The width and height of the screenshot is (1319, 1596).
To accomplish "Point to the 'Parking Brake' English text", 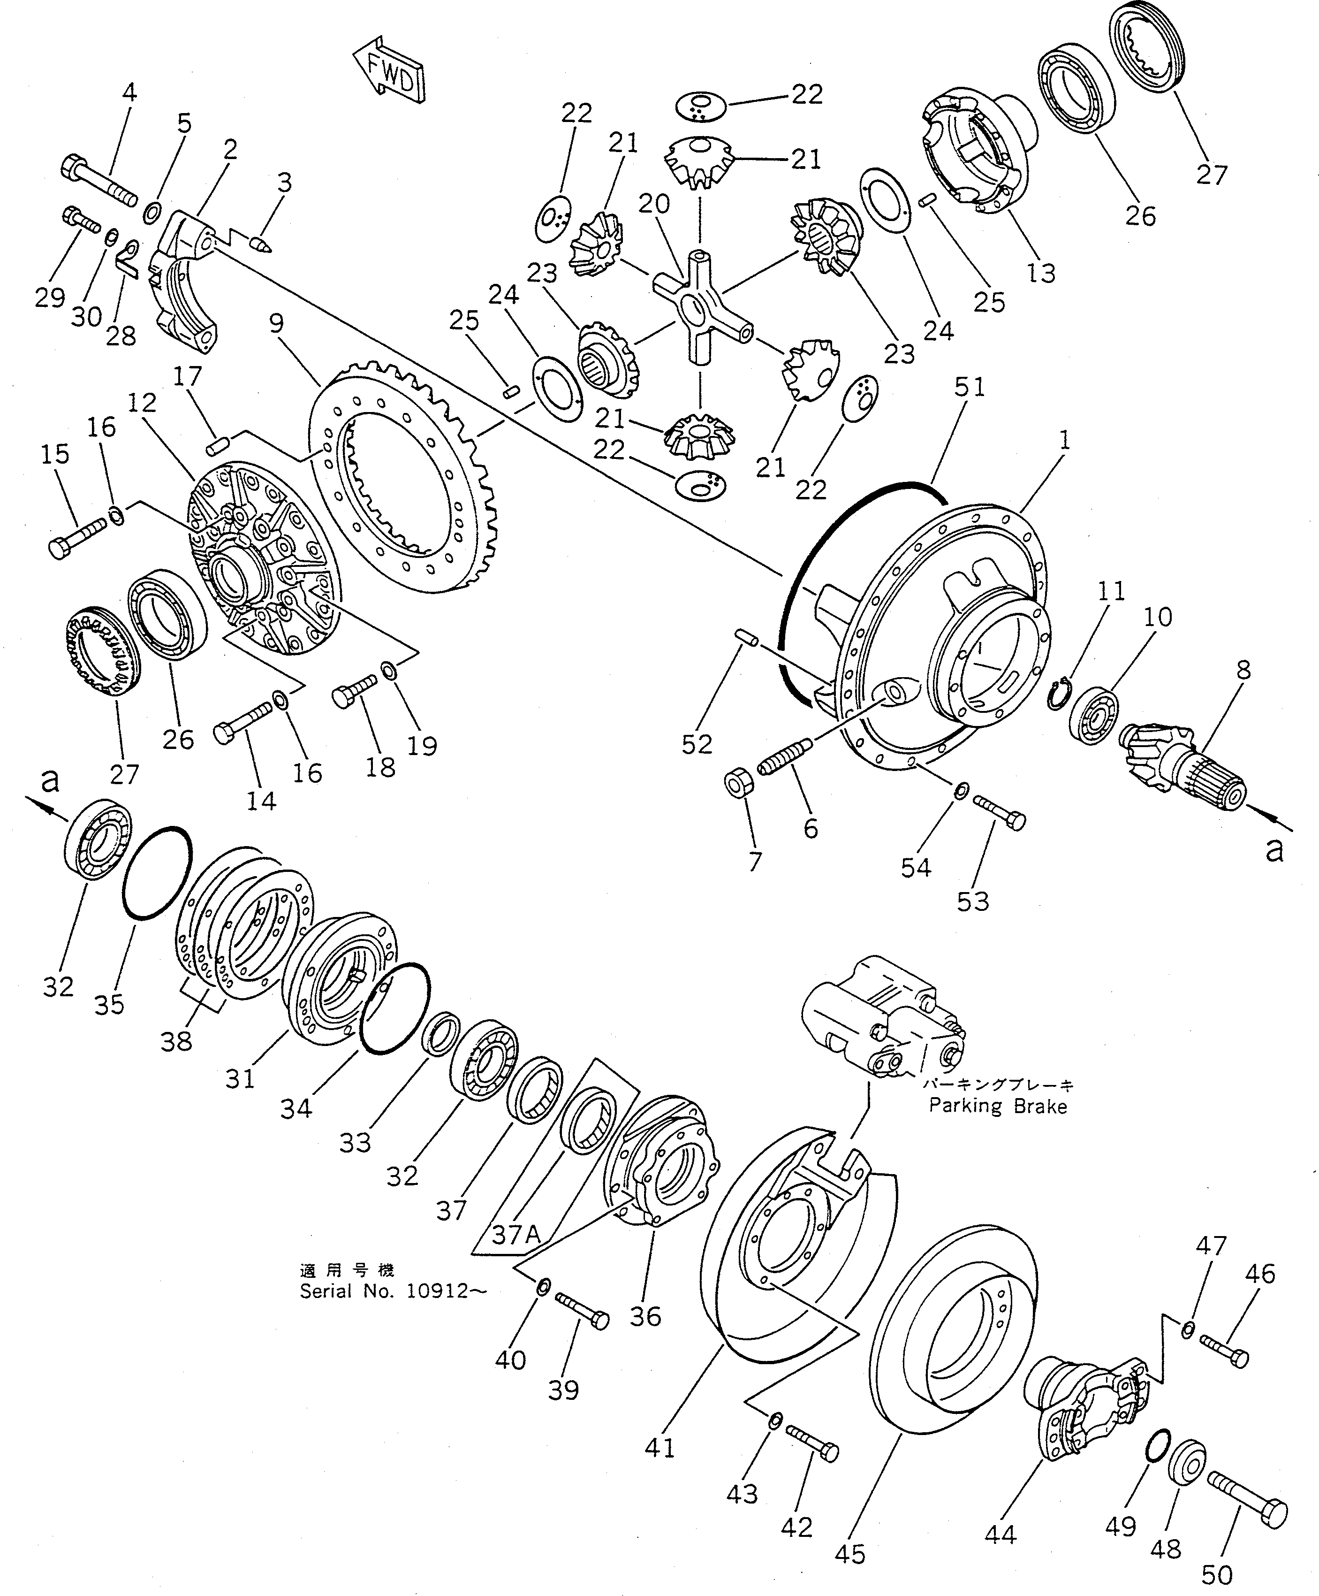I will [x=998, y=1106].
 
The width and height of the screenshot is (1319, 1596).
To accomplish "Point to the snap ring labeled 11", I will [x=1058, y=692].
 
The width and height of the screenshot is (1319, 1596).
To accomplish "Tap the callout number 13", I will [x=1040, y=273].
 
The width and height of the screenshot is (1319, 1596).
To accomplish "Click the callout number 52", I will [x=697, y=744].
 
